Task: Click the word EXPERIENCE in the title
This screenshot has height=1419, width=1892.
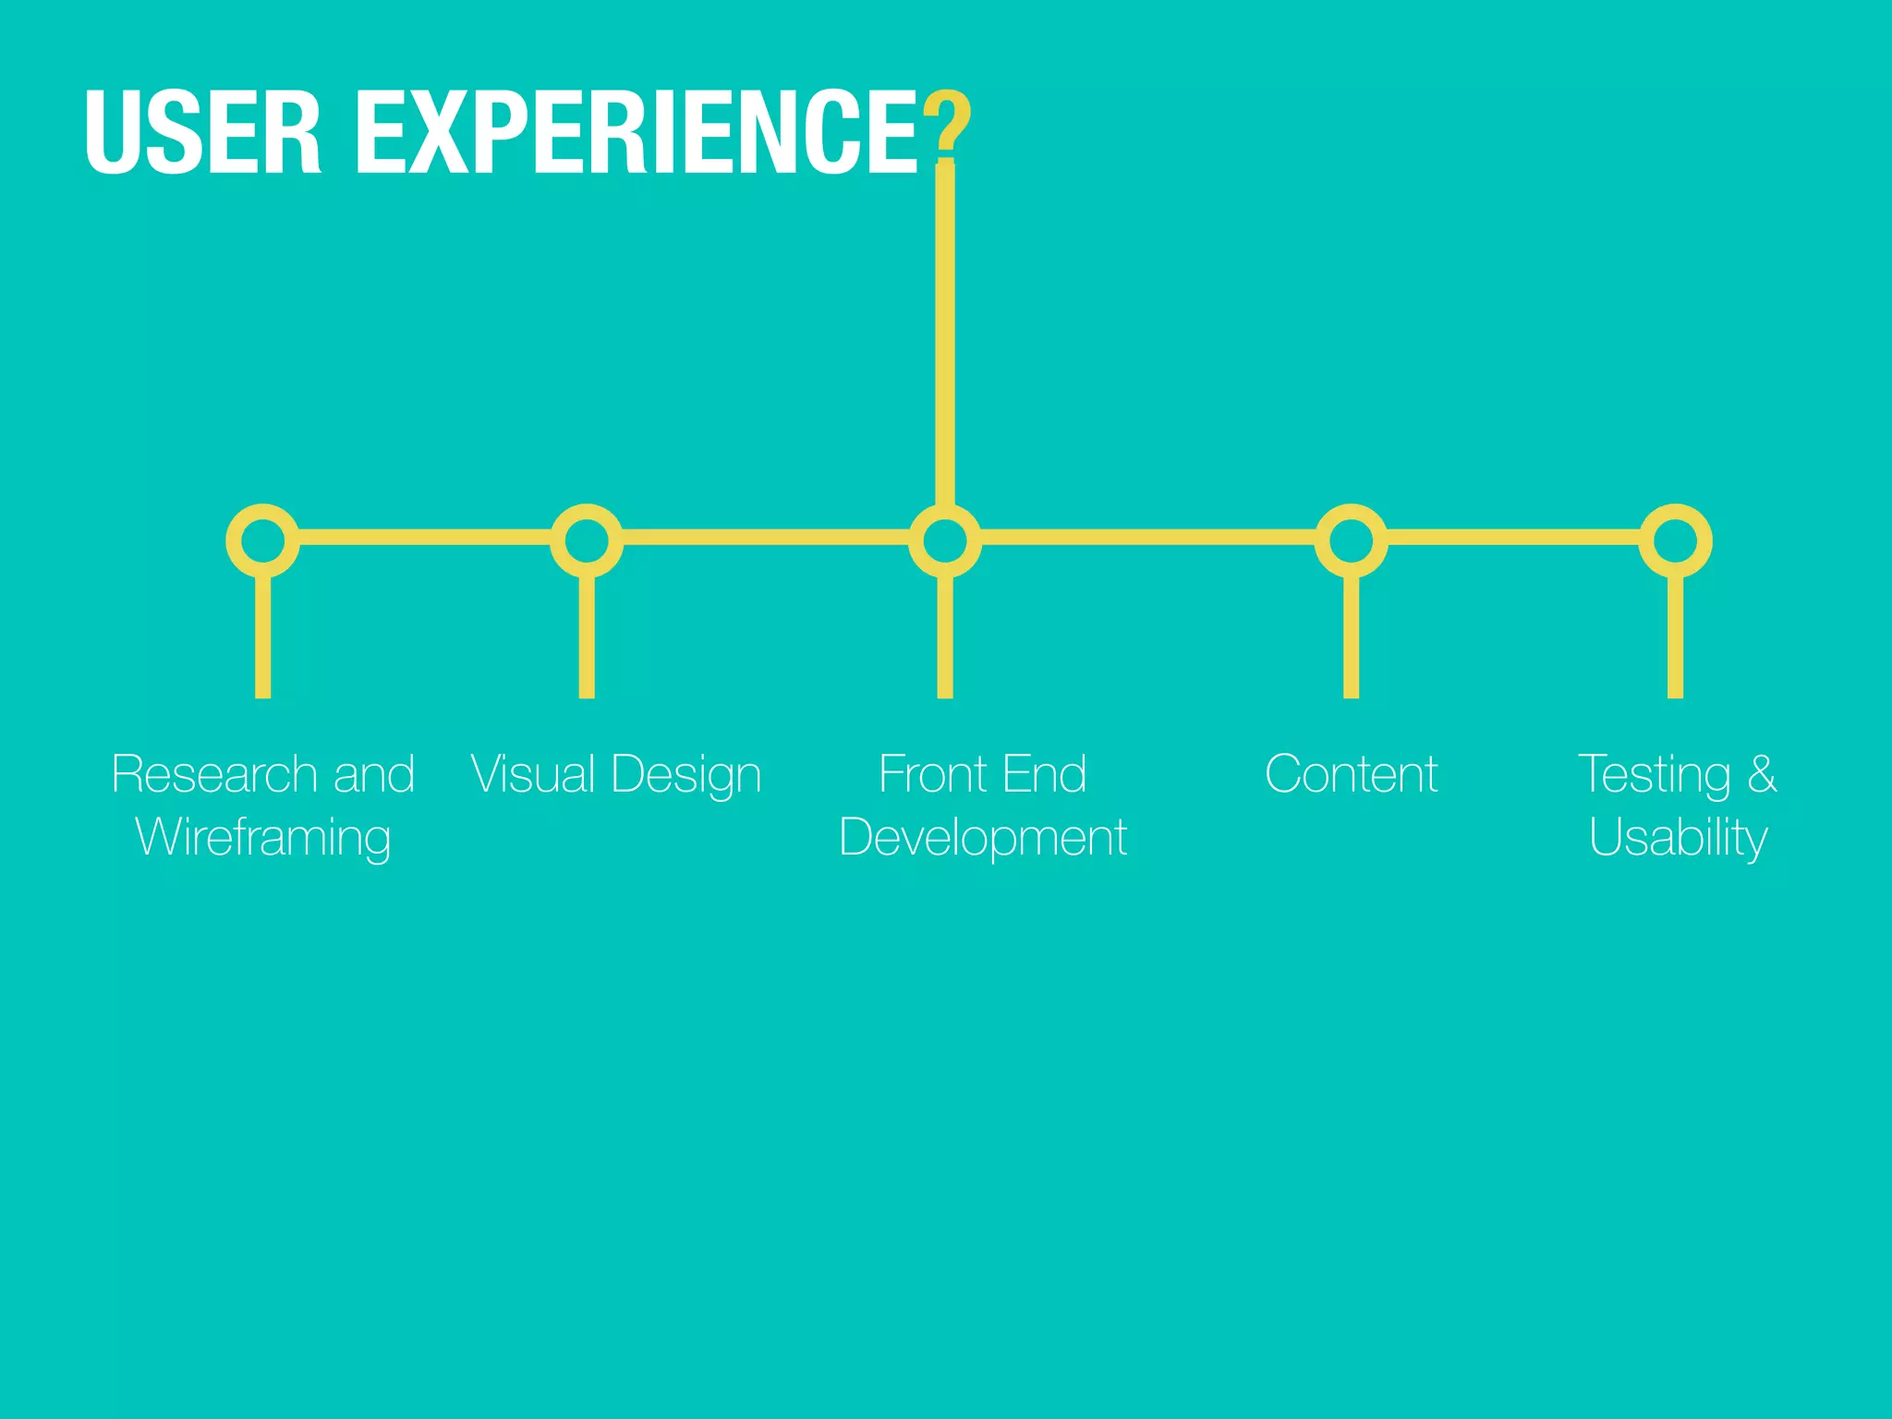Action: [x=637, y=131]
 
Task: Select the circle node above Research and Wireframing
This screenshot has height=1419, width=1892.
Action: [x=262, y=540]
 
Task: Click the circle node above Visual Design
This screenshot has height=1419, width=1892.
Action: [x=587, y=540]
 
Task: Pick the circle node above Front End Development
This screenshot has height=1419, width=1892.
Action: [x=944, y=540]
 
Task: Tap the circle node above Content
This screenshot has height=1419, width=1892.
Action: [x=1351, y=540]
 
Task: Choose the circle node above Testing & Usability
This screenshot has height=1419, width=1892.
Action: [x=1675, y=540]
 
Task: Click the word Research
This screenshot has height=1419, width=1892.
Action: [x=214, y=774]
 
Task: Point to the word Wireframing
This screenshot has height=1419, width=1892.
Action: [x=263, y=838]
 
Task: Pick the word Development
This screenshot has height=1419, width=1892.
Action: [x=983, y=838]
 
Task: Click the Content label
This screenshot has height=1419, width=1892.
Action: [x=1351, y=774]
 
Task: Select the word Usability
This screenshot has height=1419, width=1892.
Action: [x=1678, y=838]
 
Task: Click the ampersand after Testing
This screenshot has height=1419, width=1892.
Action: [x=1762, y=774]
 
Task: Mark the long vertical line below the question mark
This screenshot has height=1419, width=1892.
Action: [x=944, y=333]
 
